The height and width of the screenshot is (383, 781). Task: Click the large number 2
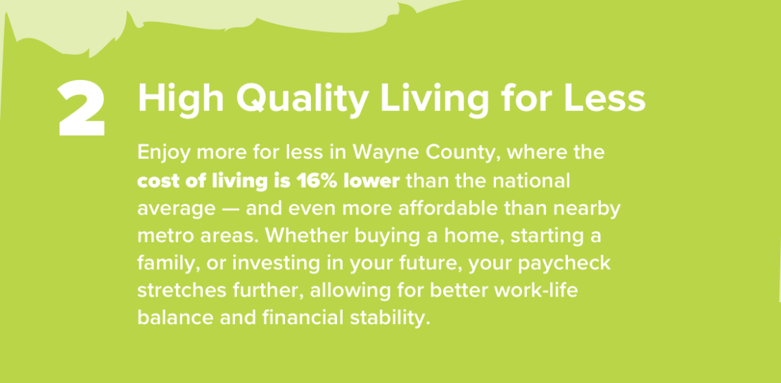click(82, 109)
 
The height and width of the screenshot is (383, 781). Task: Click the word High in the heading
click(181, 99)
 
